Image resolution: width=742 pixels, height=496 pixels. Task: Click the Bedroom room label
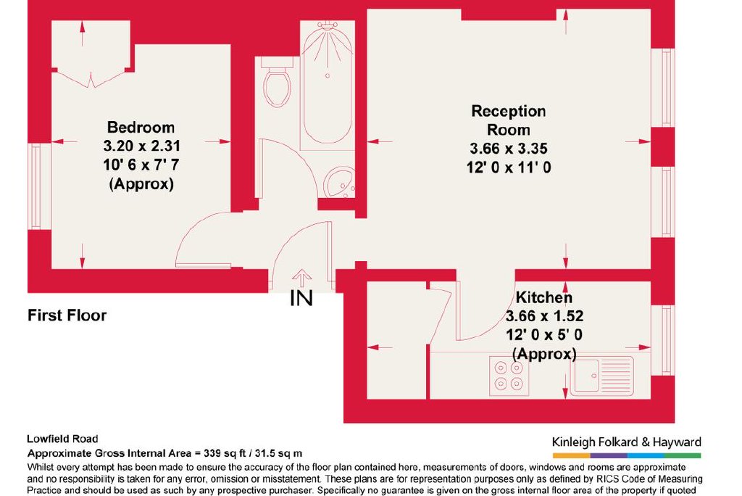[x=141, y=128]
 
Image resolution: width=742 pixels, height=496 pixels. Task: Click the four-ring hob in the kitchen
[x=509, y=375]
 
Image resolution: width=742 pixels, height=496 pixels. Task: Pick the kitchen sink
[x=601, y=375]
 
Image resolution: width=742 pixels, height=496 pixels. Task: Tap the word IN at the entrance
[x=301, y=298]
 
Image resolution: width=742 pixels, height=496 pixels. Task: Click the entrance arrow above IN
[x=301, y=278]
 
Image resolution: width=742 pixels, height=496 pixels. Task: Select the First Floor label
[x=67, y=315]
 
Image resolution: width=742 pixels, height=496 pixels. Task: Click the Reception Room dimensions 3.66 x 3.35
[x=508, y=149]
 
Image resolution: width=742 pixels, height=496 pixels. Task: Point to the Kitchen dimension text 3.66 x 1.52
[x=544, y=316]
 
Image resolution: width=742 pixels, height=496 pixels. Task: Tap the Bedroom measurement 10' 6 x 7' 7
[x=141, y=165]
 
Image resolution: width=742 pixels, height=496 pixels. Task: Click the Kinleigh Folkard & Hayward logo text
[x=626, y=442]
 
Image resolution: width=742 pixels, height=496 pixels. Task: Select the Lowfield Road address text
[x=62, y=439]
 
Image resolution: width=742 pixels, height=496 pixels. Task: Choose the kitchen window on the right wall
[x=667, y=340]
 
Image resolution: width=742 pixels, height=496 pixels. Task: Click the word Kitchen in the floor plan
[x=543, y=297]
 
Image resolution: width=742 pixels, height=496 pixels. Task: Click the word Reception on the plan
[x=508, y=112]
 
